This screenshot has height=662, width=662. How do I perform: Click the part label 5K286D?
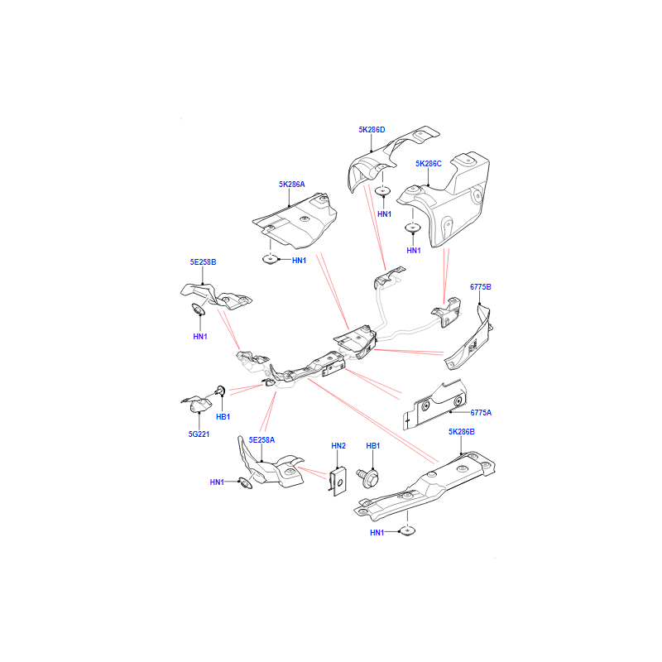[372, 130]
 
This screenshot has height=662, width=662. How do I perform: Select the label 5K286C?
[428, 163]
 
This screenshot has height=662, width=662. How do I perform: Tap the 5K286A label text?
[291, 184]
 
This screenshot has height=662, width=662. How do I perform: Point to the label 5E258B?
[203, 261]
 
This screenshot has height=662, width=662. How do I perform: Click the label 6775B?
[481, 286]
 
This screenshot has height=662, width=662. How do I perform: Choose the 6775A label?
[481, 412]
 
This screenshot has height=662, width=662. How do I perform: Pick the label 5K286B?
[462, 431]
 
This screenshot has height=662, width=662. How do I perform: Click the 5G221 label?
[199, 434]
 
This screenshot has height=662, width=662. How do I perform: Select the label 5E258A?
[261, 440]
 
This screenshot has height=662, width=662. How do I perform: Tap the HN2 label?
[338, 445]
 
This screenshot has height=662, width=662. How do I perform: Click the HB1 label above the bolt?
[373, 445]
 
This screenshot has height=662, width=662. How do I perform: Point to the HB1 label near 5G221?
[223, 417]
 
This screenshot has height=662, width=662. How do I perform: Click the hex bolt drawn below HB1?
[367, 477]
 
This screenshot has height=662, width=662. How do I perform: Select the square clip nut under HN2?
[338, 481]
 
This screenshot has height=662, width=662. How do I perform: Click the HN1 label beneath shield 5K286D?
[384, 214]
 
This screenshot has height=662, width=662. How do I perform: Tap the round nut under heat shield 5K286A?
[271, 259]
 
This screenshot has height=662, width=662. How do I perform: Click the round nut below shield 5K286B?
[407, 531]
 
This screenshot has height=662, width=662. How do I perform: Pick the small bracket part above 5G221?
[198, 404]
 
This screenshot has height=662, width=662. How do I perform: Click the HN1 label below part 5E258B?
[200, 337]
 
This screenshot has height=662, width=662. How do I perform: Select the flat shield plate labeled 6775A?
[435, 405]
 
